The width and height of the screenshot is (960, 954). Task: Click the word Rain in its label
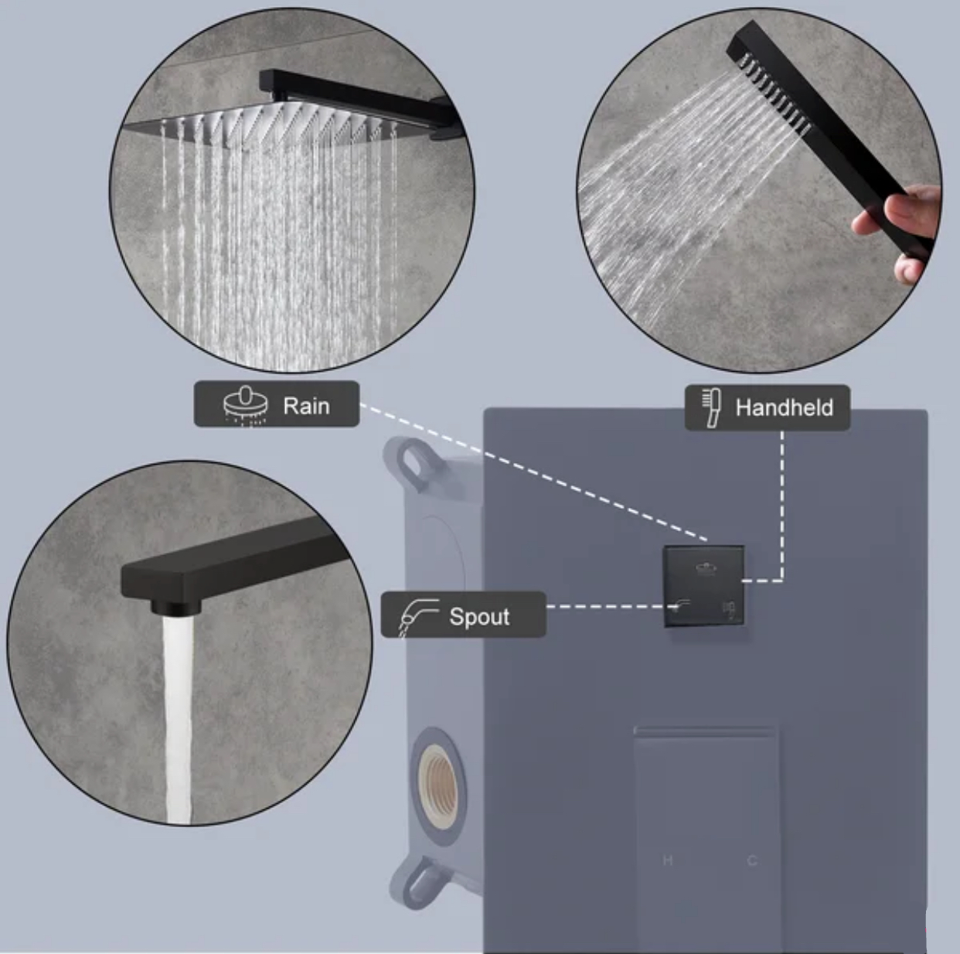tap(306, 405)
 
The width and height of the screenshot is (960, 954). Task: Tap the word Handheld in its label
tap(784, 407)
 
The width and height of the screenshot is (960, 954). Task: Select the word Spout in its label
tap(479, 616)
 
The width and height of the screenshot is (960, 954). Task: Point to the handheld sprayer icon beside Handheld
tap(711, 407)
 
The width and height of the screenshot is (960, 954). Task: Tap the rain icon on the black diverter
tap(706, 568)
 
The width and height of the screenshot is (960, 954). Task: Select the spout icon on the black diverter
tap(683, 604)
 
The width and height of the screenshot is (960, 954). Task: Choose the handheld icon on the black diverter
tap(727, 608)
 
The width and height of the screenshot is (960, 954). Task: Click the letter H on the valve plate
tap(668, 860)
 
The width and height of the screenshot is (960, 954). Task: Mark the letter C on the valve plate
tap(751, 860)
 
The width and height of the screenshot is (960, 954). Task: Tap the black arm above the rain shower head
tap(356, 89)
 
